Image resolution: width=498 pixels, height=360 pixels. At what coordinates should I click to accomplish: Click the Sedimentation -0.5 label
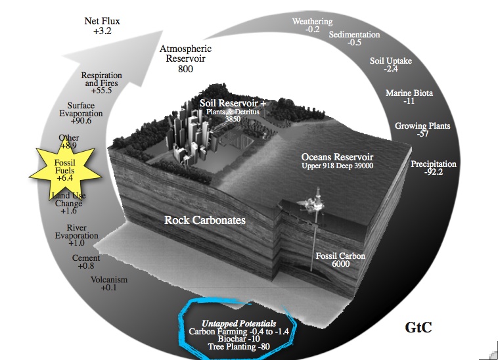354,39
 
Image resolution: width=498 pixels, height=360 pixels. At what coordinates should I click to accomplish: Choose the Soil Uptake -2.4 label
391,66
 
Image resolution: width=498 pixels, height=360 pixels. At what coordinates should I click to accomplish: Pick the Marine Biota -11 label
409,97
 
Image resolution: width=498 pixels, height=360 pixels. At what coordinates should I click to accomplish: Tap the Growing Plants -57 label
422,129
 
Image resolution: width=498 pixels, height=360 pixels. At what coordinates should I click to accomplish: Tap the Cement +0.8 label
86,262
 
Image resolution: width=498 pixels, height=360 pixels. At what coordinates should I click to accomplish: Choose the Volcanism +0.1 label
108,284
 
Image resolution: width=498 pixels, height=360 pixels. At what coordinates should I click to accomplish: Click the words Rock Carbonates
204,221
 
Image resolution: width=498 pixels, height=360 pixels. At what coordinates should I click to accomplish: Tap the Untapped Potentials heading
239,324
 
